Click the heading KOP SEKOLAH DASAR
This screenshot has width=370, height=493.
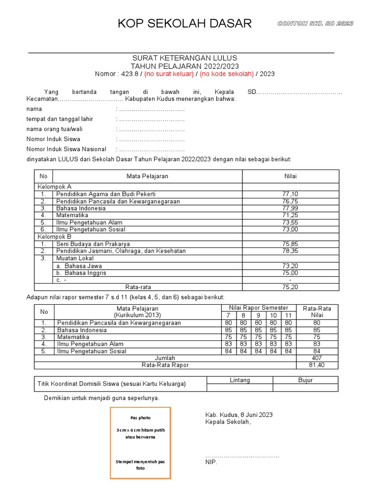click(185, 24)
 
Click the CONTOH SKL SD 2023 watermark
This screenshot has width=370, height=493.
click(315, 24)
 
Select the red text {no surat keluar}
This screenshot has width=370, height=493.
click(169, 74)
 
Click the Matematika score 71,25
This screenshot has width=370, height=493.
click(290, 215)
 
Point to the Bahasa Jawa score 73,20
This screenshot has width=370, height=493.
click(290, 266)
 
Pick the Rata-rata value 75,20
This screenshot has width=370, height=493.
click(290, 287)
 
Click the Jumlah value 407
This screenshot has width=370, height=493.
click(317, 358)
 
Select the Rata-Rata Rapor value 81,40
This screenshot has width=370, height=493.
click(317, 365)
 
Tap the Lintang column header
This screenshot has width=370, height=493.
click(239, 380)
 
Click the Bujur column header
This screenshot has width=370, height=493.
click(305, 380)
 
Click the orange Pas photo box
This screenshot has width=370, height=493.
click(140, 443)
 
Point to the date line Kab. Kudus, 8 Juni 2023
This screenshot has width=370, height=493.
click(239, 415)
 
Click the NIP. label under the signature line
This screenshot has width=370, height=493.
click(211, 462)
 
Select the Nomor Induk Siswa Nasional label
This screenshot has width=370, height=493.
click(66, 149)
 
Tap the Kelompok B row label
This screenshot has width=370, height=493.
click(54, 237)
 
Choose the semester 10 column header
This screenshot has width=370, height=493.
click(273, 315)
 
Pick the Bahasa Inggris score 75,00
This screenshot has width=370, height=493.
click(290, 273)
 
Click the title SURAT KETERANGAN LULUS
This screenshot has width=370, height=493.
click(185, 58)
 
